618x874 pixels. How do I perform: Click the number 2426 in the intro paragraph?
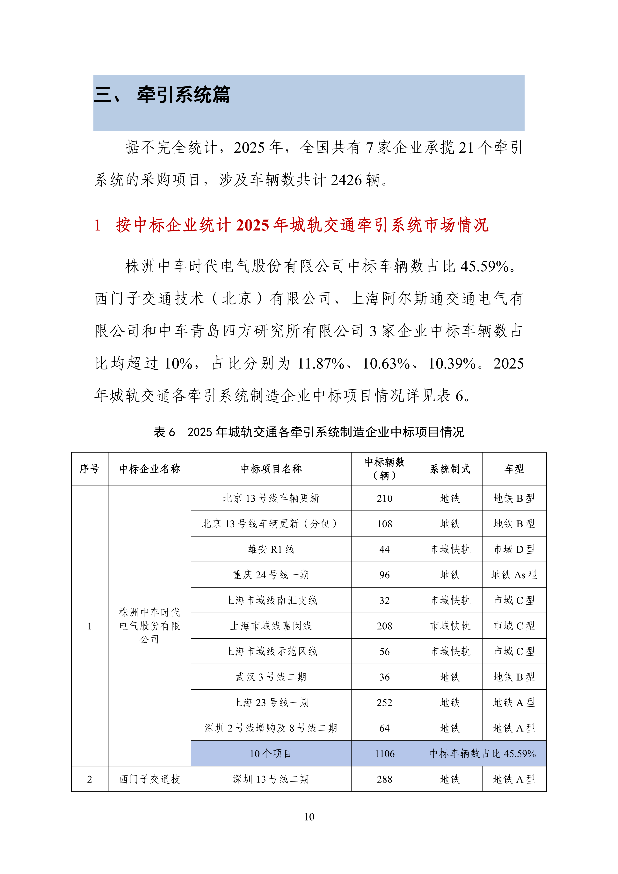[346, 180]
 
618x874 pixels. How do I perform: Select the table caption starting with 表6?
[309, 432]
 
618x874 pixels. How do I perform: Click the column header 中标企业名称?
[149, 469]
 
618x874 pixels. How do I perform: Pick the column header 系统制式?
[450, 469]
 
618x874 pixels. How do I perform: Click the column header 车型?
[514, 469]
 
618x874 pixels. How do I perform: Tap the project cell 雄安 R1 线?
[271, 549]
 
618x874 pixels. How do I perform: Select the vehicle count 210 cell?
[384, 498]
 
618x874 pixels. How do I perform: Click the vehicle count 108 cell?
[384, 524]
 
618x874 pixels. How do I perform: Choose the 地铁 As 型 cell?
[514, 575]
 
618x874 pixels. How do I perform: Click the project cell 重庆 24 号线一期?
[271, 575]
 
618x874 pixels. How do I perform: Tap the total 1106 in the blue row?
[384, 754]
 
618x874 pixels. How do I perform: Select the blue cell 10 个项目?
[271, 754]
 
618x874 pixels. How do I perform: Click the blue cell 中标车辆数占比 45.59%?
[482, 754]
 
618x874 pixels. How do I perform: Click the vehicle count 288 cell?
[384, 779]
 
